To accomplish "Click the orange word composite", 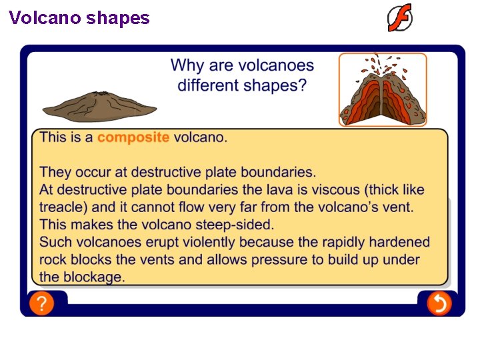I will point(133,138).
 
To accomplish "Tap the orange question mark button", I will point(41,304).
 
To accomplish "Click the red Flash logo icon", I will point(400,18).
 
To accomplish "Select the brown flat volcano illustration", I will point(99,105).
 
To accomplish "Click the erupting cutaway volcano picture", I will point(382,89).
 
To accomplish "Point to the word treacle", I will point(63,207).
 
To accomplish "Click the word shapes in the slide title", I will point(118,18).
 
